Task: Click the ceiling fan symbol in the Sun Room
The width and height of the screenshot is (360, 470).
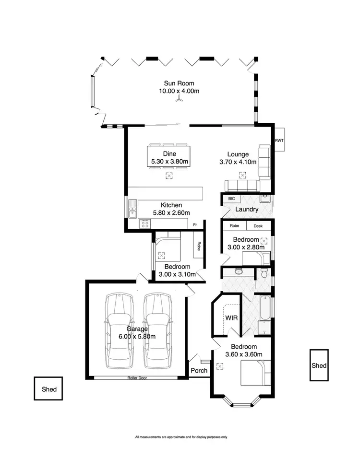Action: pyautogui.click(x=179, y=99)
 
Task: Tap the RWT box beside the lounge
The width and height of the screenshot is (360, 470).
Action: pyautogui.click(x=279, y=141)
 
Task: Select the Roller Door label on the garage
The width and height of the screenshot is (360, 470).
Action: pyautogui.click(x=137, y=378)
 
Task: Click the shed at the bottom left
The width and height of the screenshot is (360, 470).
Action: pyautogui.click(x=49, y=389)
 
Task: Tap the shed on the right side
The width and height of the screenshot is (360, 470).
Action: pyautogui.click(x=319, y=365)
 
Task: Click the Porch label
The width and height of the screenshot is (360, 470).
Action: pyautogui.click(x=199, y=370)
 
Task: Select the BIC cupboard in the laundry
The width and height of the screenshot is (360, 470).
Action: pyautogui.click(x=231, y=199)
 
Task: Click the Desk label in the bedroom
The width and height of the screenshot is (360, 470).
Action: pyautogui.click(x=258, y=225)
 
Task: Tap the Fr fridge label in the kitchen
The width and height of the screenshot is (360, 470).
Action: pyautogui.click(x=195, y=224)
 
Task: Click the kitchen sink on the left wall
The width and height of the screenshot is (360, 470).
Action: pyautogui.click(x=132, y=209)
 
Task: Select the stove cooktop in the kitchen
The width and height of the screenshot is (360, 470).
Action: pyautogui.click(x=144, y=224)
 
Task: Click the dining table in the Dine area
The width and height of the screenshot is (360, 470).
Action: pyautogui.click(x=168, y=157)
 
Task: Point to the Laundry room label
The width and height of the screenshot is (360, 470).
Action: pyautogui.click(x=247, y=210)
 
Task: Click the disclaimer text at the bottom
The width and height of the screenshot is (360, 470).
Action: pyautogui.click(x=181, y=437)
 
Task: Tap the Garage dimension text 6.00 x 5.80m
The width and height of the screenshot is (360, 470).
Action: pyautogui.click(x=138, y=337)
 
